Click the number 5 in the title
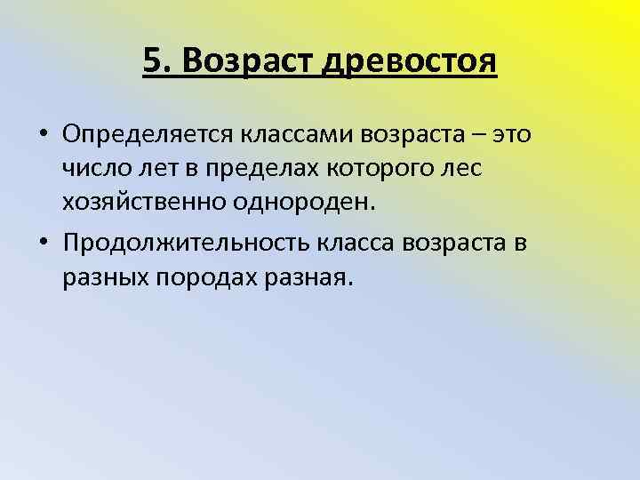pyautogui.click(x=151, y=61)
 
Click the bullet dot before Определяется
pyautogui.click(x=44, y=133)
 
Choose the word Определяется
pyautogui.click(x=146, y=133)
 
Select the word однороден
pyautogui.click(x=303, y=203)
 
